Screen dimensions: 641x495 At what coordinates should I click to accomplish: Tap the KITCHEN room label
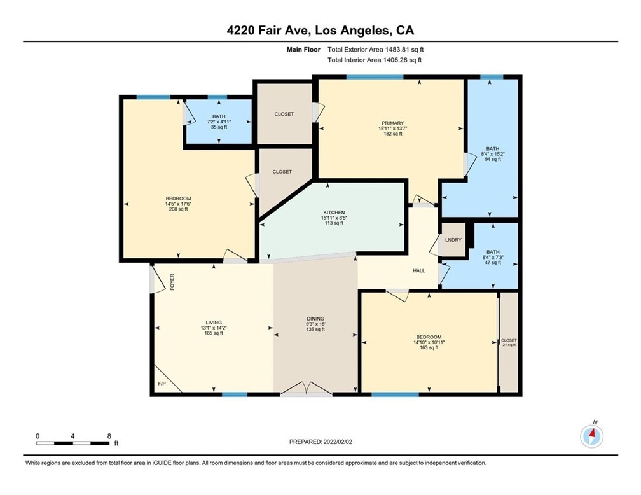(334, 213)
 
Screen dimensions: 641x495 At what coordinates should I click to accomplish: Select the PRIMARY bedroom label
(392, 123)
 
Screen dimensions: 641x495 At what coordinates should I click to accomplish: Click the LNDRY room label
(453, 240)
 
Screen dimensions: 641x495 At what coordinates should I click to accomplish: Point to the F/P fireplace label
(162, 384)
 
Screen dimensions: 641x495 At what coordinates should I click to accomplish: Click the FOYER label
(172, 282)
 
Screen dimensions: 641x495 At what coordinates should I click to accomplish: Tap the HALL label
(418, 270)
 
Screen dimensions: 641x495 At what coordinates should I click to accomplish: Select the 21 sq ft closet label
(509, 345)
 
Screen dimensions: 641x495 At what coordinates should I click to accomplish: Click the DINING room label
(315, 319)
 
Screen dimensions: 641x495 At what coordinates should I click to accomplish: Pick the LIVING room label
(214, 323)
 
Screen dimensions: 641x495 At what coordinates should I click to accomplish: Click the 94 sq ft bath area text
(493, 159)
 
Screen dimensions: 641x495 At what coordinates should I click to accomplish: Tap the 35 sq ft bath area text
(219, 127)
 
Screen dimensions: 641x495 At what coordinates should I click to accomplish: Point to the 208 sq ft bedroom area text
(178, 209)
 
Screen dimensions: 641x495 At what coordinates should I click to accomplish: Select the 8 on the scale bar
(109, 436)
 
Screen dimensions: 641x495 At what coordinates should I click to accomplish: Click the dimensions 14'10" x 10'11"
(429, 342)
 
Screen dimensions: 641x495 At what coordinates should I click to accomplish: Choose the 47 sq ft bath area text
(493, 263)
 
